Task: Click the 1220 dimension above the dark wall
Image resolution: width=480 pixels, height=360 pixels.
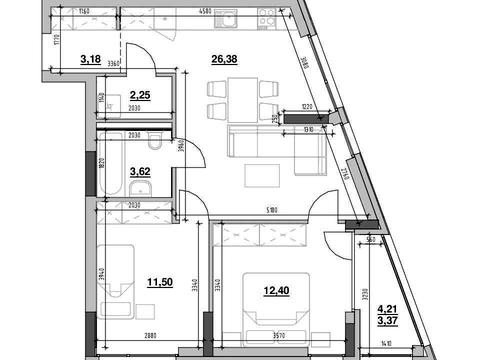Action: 307,106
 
